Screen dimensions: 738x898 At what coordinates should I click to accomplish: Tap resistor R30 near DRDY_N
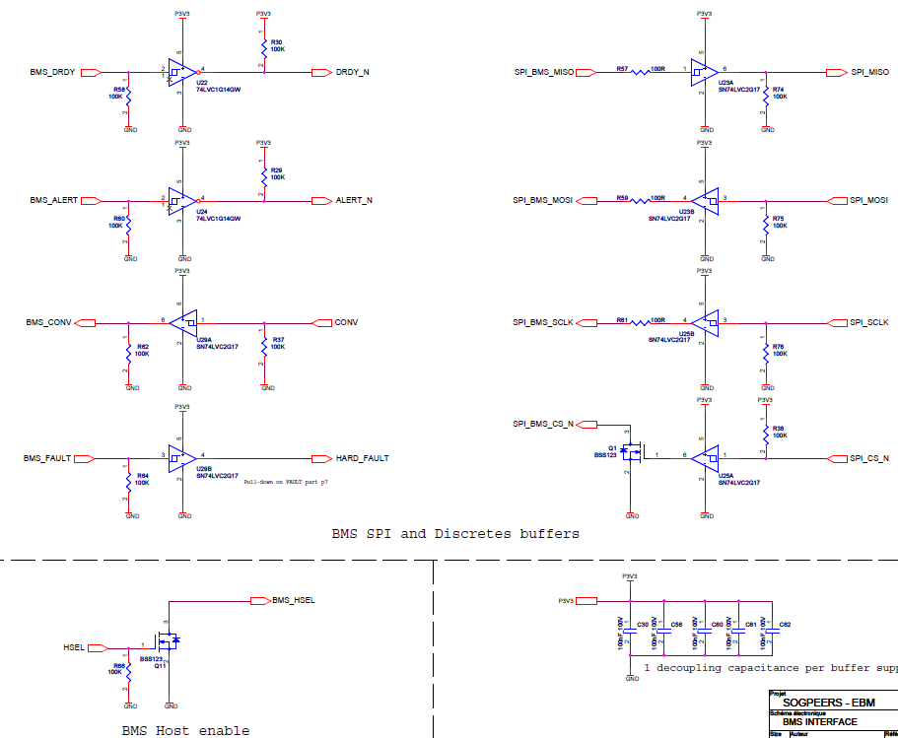click(263, 47)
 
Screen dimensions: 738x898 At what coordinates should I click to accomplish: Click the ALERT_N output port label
click(354, 200)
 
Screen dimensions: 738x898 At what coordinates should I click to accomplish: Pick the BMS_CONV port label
click(49, 322)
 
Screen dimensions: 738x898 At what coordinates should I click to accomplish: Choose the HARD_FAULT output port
click(362, 458)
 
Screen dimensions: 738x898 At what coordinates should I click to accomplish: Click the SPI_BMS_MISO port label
click(544, 72)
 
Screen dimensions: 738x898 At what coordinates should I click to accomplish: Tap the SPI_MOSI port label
click(869, 200)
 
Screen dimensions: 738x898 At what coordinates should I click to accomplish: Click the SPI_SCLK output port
click(869, 322)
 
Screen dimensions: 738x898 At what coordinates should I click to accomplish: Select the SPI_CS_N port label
click(869, 458)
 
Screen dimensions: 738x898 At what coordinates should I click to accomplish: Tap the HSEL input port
click(74, 648)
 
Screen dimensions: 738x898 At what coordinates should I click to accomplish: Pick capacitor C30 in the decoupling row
click(631, 637)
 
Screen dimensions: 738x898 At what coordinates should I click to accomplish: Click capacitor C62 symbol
click(769, 637)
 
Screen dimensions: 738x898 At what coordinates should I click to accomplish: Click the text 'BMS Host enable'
click(185, 730)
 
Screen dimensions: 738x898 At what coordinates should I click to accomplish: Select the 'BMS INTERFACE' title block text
click(820, 721)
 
